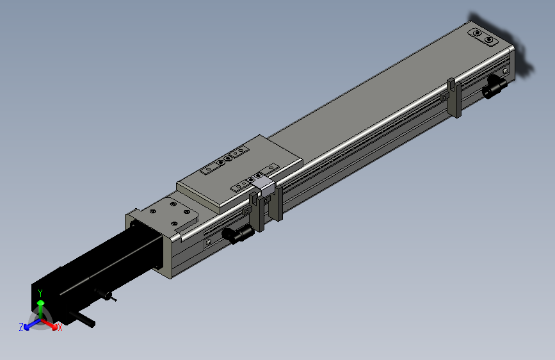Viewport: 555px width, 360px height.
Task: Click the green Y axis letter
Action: click(40, 293)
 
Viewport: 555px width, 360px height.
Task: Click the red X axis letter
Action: click(60, 328)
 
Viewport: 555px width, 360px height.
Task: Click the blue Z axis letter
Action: click(21, 327)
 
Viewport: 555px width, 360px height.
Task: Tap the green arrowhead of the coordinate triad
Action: click(41, 302)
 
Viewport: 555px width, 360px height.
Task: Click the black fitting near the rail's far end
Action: click(494, 86)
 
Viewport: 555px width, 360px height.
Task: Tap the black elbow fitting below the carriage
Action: click(238, 234)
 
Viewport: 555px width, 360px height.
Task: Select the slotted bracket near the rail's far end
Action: click(454, 97)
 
